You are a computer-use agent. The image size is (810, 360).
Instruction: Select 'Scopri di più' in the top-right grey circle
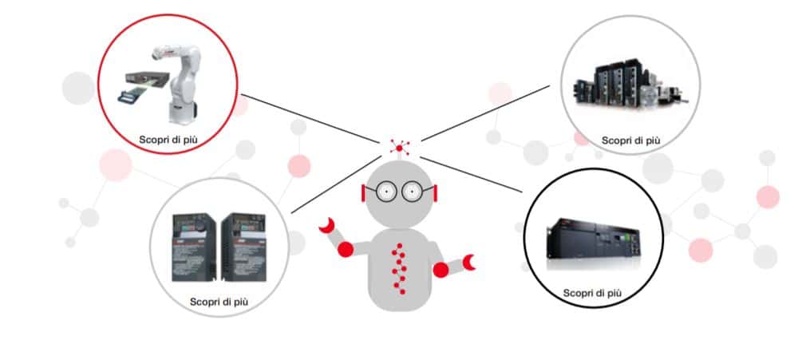point(630,140)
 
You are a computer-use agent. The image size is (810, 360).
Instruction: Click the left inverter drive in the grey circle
point(194,247)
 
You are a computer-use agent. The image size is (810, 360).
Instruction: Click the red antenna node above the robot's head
point(398,146)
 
